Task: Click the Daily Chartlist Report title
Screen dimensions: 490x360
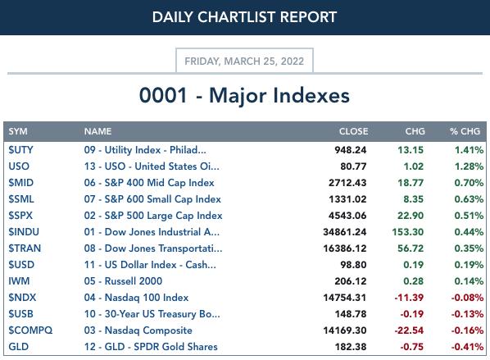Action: click(244, 17)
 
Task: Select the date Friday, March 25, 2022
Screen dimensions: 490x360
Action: click(244, 61)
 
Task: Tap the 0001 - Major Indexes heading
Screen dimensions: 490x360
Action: click(244, 95)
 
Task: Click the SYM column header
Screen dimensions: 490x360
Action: click(18, 131)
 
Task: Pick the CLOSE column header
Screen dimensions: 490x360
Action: click(353, 131)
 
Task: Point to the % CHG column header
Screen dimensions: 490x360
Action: click(465, 131)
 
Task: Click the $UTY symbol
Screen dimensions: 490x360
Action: click(20, 150)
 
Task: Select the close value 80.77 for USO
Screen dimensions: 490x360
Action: click(353, 166)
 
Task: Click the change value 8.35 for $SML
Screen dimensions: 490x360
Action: click(413, 199)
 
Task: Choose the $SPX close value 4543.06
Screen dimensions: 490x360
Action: click(347, 216)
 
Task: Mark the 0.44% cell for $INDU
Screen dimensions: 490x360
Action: click(469, 232)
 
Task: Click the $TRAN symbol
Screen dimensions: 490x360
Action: click(25, 248)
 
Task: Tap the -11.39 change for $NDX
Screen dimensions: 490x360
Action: click(409, 298)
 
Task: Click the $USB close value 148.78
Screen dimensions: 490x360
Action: click(351, 314)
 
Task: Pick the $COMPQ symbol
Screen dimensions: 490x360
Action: click(30, 330)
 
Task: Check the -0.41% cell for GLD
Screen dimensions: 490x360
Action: click(467, 347)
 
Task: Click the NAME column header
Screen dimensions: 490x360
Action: click(98, 131)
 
